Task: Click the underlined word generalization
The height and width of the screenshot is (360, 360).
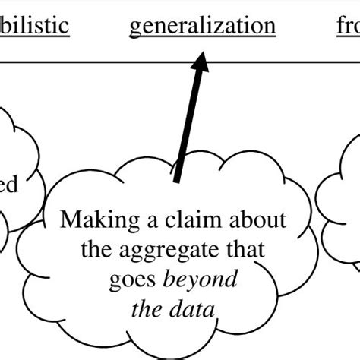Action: point(202,26)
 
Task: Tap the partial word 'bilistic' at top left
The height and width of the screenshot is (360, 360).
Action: point(34,26)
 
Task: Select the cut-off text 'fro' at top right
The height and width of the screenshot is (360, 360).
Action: point(347,26)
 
